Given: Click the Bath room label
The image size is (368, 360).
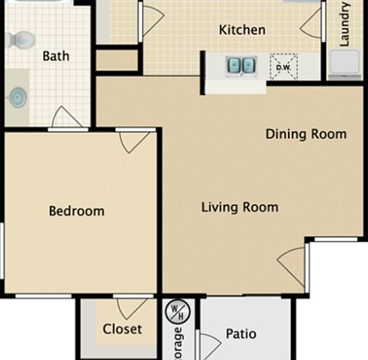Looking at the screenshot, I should point(56,57).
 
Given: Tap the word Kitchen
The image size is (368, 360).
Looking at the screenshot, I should point(242,30).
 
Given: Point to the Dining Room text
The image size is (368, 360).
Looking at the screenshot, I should point(306,134).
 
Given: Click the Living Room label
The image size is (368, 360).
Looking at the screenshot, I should point(240,207).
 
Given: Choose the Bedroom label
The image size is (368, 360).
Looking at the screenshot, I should point(77,211).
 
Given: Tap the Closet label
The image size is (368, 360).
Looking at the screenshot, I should point(122,329).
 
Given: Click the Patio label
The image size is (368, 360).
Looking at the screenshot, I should point(241,335).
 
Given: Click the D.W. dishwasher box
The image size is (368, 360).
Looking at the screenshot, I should point(282,65).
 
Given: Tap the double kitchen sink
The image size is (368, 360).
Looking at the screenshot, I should point(242,64).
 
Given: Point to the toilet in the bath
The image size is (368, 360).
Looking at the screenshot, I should point(21,39).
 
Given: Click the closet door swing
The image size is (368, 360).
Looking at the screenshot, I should point(132,308).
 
